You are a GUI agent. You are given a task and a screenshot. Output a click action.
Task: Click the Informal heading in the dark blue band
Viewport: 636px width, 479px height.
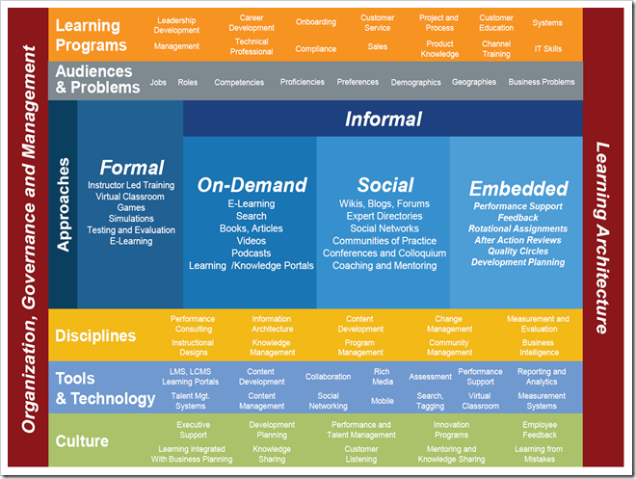click(x=384, y=120)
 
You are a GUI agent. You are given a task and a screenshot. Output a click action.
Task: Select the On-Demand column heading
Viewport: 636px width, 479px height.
click(x=252, y=185)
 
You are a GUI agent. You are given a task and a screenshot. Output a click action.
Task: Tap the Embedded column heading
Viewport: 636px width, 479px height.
click(x=518, y=189)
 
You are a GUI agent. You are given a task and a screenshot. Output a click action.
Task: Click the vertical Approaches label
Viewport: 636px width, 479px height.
click(x=63, y=204)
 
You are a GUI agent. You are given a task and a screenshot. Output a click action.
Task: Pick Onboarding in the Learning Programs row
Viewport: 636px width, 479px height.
click(x=316, y=22)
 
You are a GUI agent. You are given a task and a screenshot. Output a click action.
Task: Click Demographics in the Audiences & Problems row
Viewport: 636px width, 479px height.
click(x=416, y=83)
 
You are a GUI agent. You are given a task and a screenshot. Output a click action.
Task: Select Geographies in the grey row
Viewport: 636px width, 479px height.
click(x=474, y=83)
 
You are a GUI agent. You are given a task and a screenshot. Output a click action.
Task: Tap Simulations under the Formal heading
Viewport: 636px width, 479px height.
click(x=131, y=219)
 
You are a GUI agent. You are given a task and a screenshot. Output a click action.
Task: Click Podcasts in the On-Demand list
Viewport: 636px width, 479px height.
click(x=252, y=253)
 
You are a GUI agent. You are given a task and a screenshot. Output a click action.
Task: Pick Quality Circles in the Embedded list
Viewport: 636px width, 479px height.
click(x=518, y=251)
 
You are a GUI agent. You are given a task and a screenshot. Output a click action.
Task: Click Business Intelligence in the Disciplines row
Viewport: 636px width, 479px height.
click(x=539, y=347)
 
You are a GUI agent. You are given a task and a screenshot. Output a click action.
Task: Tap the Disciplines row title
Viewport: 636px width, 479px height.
click(x=95, y=336)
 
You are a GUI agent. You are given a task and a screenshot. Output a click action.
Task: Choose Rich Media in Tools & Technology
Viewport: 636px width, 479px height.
click(x=383, y=376)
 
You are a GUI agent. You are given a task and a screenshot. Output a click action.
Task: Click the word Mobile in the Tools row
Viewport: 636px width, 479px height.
click(x=383, y=400)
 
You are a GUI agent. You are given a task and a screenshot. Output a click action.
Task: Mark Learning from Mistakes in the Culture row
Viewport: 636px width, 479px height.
click(x=539, y=454)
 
